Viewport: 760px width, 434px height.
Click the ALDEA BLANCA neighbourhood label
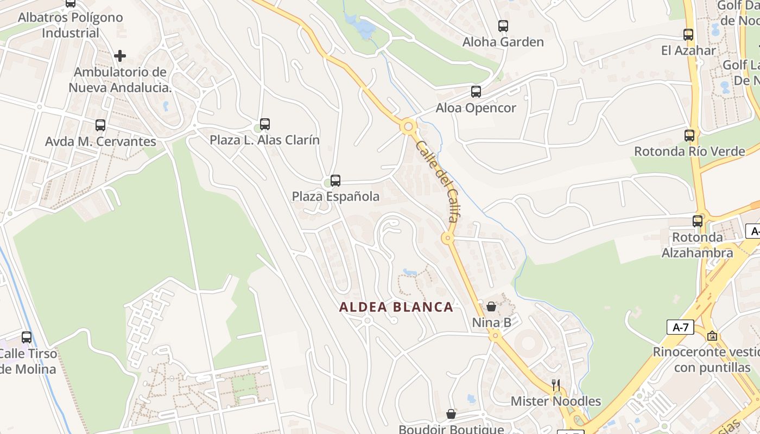[x=396, y=307]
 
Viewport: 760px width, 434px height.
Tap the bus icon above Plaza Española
[x=335, y=180]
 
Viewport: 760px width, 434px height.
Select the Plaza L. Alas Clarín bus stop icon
[x=265, y=124]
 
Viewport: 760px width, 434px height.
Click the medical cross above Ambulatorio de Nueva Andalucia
[x=120, y=55]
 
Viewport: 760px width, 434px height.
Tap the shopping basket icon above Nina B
[x=491, y=307]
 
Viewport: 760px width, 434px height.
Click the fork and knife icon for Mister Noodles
[x=555, y=385]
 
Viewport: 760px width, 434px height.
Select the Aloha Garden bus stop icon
[x=503, y=25]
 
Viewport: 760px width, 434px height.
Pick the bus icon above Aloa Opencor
[x=476, y=92]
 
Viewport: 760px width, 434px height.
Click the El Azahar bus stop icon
[x=688, y=35]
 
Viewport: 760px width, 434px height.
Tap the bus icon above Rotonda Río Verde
[x=689, y=136]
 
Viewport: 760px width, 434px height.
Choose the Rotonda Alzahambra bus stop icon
[x=698, y=221]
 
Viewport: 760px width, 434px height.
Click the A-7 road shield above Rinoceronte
[x=681, y=327]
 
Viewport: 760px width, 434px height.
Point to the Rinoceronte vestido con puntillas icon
[x=712, y=336]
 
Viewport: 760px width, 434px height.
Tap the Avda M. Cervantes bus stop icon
[x=100, y=125]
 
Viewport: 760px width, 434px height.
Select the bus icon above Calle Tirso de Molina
[x=27, y=337]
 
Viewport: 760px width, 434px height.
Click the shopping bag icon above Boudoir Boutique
[x=451, y=414]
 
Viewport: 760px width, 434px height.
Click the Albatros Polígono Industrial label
[x=71, y=25]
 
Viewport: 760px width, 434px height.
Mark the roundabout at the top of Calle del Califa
[x=409, y=127]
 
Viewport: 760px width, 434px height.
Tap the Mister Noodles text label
[x=556, y=401]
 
